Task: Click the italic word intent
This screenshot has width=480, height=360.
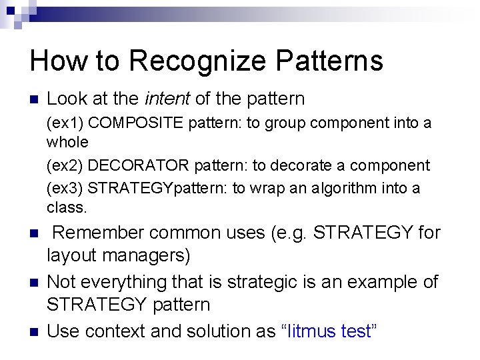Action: point(167,99)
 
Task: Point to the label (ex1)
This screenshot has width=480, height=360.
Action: point(65,123)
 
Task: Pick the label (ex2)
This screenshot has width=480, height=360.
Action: point(65,165)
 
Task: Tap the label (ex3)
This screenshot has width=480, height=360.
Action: point(65,189)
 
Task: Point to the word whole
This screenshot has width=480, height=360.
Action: point(67,142)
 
